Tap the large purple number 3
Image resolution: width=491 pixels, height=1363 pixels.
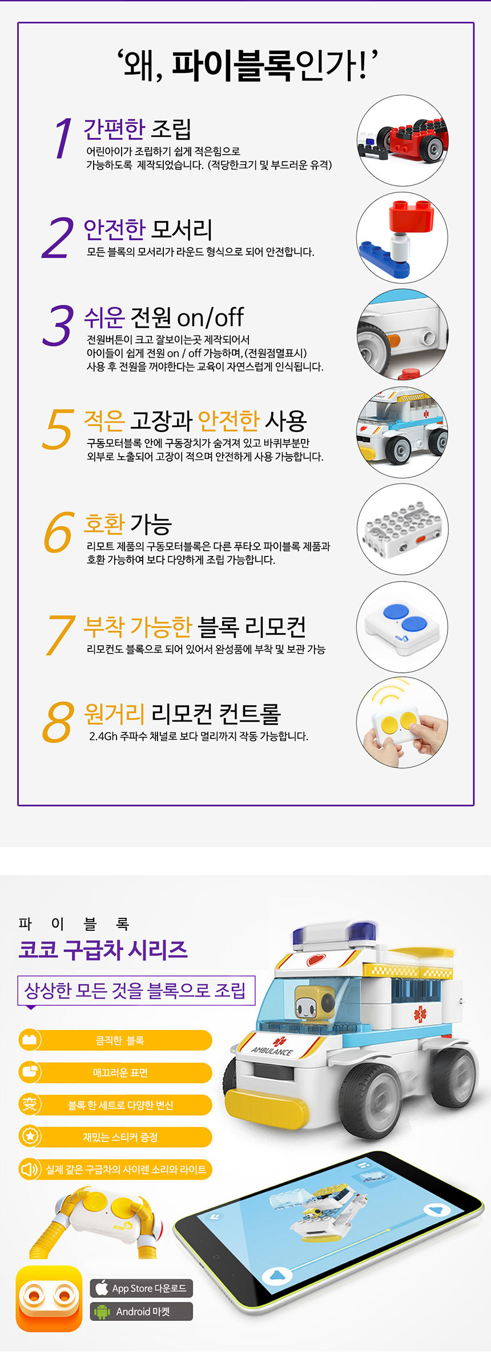coord(59,325)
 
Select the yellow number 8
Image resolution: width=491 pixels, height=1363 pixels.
coord(59,722)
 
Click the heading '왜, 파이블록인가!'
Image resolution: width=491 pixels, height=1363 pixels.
coord(248,65)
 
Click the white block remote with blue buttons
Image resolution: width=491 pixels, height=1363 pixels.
coord(403,628)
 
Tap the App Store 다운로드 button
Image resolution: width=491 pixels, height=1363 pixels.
coord(142,1288)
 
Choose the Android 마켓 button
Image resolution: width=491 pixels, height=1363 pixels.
coord(142,1311)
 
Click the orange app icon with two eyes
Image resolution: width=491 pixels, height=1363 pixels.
coord(49,1299)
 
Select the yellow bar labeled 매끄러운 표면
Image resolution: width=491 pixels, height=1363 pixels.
coord(115,1072)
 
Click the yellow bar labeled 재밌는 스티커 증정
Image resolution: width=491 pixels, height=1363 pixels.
coord(115,1137)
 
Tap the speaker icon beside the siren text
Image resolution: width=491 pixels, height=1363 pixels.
coord(30,1170)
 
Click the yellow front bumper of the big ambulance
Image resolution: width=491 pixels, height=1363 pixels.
coord(268,1104)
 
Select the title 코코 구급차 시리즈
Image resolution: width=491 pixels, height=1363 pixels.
coord(103,949)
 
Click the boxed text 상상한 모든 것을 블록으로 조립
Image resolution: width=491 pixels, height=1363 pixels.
coord(135,990)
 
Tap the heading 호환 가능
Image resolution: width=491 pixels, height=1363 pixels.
coord(128,523)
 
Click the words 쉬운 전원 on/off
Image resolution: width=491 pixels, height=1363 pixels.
coord(164,317)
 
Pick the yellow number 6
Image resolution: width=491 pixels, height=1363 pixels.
coord(59,533)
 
